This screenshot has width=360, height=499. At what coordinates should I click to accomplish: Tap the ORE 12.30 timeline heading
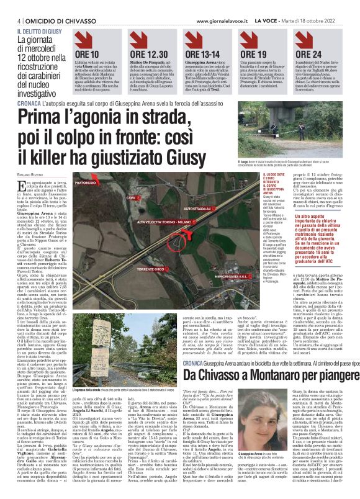tap(148, 55)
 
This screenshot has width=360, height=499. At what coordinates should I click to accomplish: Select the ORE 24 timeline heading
tap(310, 55)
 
